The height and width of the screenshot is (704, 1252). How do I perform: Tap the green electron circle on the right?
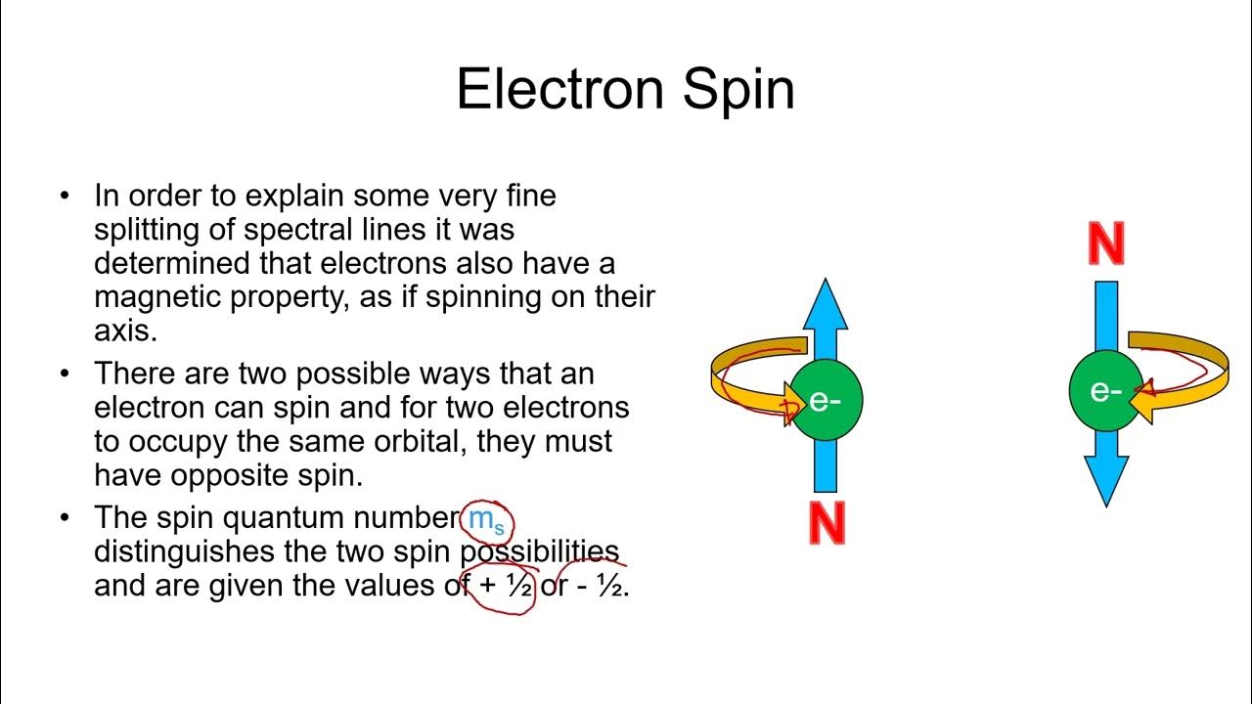1104,391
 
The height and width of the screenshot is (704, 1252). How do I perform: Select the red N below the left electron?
827,524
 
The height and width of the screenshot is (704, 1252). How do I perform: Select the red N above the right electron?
1105,244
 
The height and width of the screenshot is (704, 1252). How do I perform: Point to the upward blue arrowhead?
826,303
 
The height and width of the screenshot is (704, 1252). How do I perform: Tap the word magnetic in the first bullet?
157,297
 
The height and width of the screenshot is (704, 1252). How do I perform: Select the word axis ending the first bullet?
124,330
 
